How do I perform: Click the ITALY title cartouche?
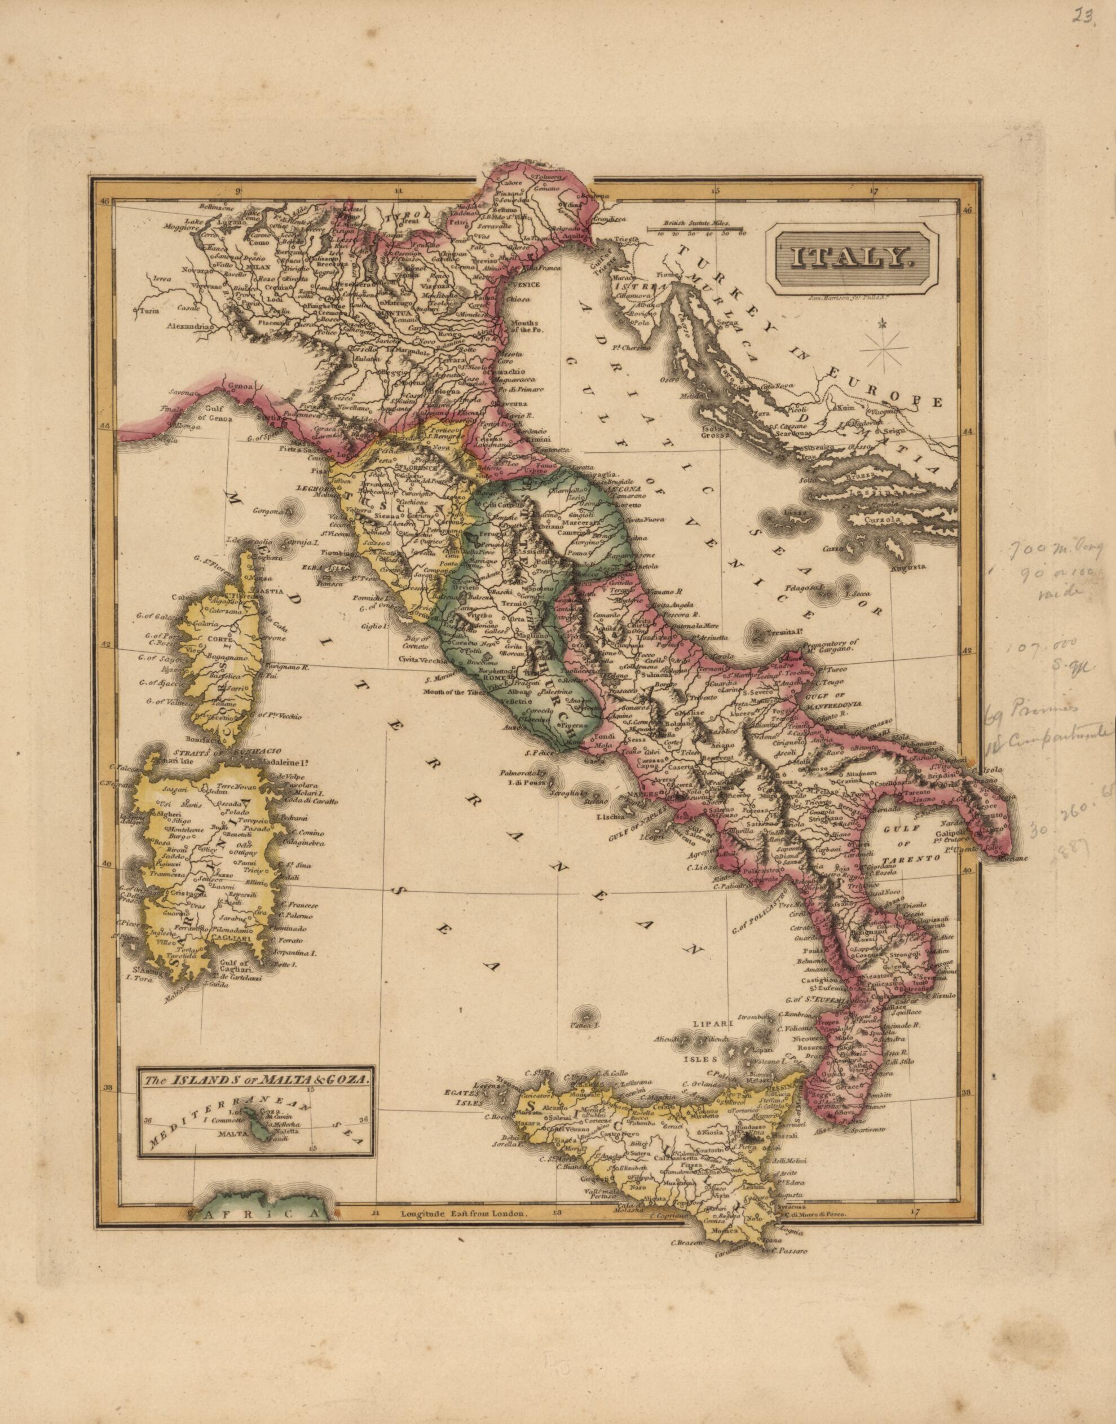[x=852, y=259]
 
